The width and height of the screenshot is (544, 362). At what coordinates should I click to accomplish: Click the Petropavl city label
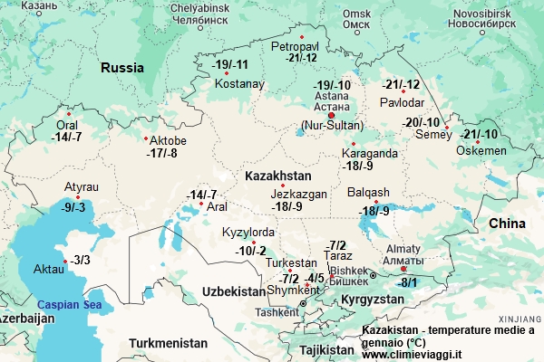coord(295,45)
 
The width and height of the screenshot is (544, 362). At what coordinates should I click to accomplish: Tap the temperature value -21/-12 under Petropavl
coord(300,58)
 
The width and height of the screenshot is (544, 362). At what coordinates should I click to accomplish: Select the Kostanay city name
coord(239,84)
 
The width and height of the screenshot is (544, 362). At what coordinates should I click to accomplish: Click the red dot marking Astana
coord(332,115)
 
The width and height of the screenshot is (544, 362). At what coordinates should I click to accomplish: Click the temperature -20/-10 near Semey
coord(422,122)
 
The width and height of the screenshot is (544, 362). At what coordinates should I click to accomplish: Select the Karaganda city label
coord(369,153)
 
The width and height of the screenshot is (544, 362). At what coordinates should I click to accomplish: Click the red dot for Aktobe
coord(147,138)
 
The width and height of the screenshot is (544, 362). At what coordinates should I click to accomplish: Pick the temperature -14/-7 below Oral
coord(67,138)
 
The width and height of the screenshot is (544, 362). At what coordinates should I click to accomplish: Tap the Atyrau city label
coord(81,186)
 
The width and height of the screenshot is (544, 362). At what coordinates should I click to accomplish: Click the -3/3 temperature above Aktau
coord(81,260)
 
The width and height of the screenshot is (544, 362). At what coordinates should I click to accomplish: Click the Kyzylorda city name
coord(248,233)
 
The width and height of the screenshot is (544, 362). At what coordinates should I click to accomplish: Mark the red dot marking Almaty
coord(403,268)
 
